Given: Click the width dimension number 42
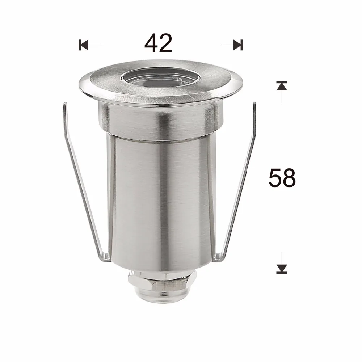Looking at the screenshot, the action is tap(159, 43).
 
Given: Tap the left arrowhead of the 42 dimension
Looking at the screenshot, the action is tap(83, 45).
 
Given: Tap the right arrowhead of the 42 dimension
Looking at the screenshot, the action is tap(238, 45).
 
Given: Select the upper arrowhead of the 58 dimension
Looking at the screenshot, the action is tap(282, 85).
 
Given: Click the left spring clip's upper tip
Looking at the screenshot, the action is tap(65, 104).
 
